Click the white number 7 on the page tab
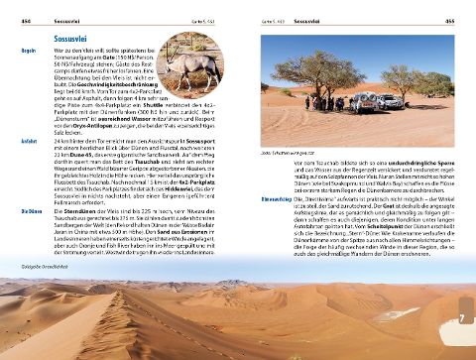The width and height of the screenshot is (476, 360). point(462,317)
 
